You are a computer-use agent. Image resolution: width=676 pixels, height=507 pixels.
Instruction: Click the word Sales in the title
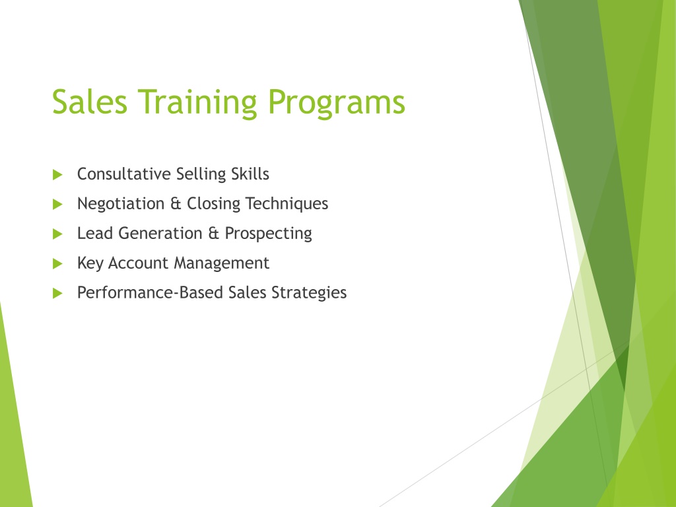(90, 102)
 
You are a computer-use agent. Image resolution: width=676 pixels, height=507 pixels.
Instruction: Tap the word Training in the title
(197, 104)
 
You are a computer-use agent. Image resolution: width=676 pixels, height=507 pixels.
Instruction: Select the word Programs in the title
(336, 104)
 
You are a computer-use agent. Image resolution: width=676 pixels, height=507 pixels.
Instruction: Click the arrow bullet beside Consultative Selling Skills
(57, 174)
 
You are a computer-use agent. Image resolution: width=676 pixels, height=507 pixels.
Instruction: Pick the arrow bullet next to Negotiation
(57, 205)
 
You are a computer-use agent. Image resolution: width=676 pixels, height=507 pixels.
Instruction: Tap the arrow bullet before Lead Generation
(57, 234)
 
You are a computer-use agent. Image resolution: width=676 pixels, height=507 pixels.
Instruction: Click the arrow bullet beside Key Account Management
(57, 264)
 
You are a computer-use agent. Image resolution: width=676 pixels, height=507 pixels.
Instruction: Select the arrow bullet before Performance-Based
(57, 294)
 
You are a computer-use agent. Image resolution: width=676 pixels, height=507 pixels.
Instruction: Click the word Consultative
(124, 174)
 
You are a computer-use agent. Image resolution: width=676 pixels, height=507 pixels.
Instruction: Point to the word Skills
(250, 174)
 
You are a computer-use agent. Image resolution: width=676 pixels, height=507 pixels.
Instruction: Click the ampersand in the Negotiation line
(176, 203)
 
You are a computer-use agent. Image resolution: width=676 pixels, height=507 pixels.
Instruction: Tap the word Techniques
(287, 204)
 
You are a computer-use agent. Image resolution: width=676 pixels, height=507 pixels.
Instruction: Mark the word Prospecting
(268, 234)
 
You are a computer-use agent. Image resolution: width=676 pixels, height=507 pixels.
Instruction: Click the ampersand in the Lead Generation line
(214, 233)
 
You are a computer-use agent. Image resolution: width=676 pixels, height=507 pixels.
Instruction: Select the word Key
(90, 263)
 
